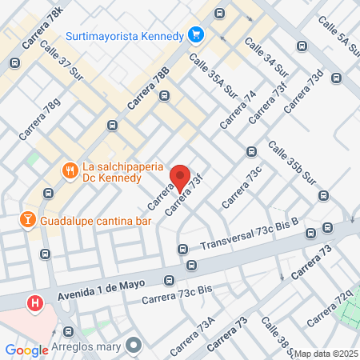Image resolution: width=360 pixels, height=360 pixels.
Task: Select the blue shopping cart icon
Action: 195,34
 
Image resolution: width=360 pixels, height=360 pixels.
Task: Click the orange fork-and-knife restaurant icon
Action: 70,170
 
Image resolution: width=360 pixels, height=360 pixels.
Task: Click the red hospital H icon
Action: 35,304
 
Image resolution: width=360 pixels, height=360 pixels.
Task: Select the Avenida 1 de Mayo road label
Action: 107,291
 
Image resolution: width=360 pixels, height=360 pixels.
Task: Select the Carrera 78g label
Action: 40,119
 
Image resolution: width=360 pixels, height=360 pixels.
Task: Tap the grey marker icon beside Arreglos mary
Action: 132,346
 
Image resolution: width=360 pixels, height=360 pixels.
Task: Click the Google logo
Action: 26,350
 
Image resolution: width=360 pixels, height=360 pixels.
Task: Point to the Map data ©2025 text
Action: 326,354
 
